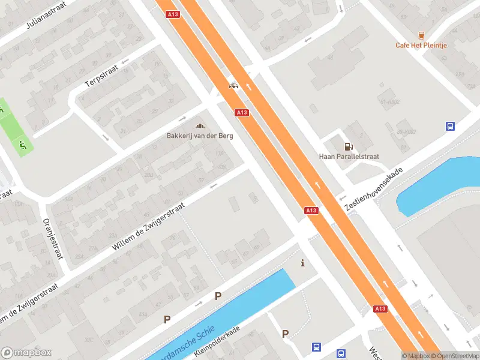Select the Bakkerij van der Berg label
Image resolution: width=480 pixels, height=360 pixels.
[x=200, y=136]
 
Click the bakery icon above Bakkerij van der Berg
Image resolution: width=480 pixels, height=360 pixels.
[x=200, y=125]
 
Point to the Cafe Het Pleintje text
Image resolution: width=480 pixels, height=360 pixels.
[x=421, y=45]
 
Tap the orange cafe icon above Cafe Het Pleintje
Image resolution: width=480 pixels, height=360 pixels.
[x=421, y=35]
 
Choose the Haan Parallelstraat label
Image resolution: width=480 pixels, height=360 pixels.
[x=349, y=157]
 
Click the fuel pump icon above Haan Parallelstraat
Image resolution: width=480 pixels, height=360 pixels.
[x=348, y=146]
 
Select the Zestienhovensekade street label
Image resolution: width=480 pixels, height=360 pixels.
[x=373, y=188]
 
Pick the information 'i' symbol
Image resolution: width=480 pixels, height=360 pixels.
[x=302, y=263]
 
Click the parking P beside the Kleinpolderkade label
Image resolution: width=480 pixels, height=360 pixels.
[x=285, y=334]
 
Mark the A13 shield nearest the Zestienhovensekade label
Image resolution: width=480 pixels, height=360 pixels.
[x=311, y=211]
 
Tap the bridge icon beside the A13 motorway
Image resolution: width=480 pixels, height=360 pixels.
[x=234, y=86]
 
